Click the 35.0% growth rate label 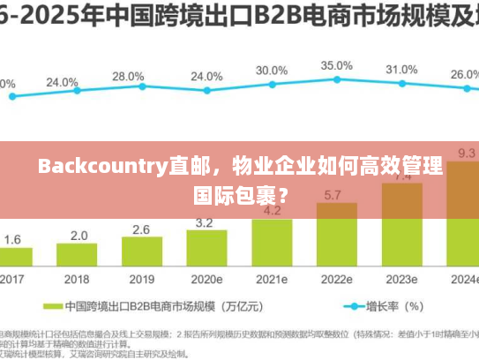click(x=336, y=65)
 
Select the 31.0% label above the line click(x=401, y=70)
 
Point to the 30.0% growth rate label click(x=272, y=71)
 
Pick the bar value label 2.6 click(x=141, y=229)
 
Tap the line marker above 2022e click(x=336, y=82)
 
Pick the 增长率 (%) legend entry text click(x=401, y=307)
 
